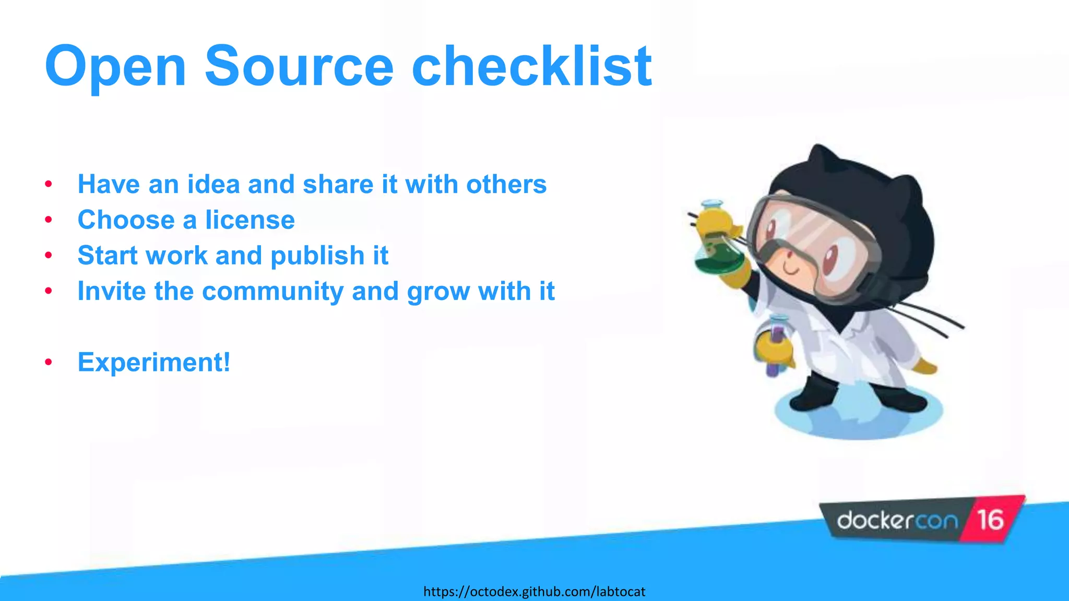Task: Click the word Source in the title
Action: click(299, 66)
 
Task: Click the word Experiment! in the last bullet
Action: click(153, 362)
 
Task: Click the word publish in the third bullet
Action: click(317, 256)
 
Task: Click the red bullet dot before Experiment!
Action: click(49, 362)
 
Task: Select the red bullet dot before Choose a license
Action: click(49, 220)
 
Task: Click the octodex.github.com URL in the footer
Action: click(534, 592)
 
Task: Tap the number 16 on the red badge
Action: click(990, 520)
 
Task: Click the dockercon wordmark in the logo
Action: click(897, 521)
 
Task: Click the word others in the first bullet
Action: click(506, 184)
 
